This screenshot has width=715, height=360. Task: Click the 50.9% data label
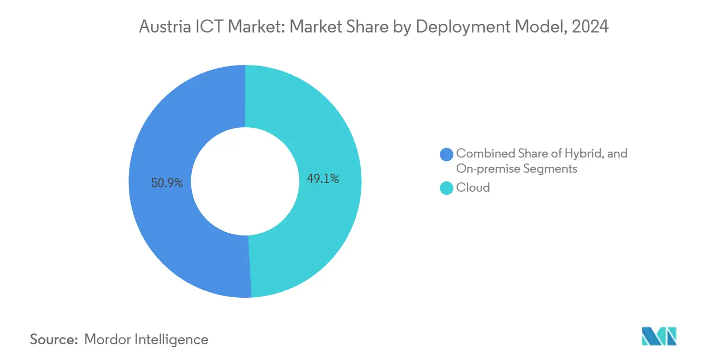click(x=167, y=184)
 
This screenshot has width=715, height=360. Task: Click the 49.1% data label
click(x=323, y=179)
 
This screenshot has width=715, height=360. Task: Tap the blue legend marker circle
click(x=447, y=154)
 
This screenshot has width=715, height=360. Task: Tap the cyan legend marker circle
click(x=447, y=188)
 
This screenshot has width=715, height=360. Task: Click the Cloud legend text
click(x=473, y=187)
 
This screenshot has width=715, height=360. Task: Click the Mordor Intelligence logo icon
click(x=659, y=336)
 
